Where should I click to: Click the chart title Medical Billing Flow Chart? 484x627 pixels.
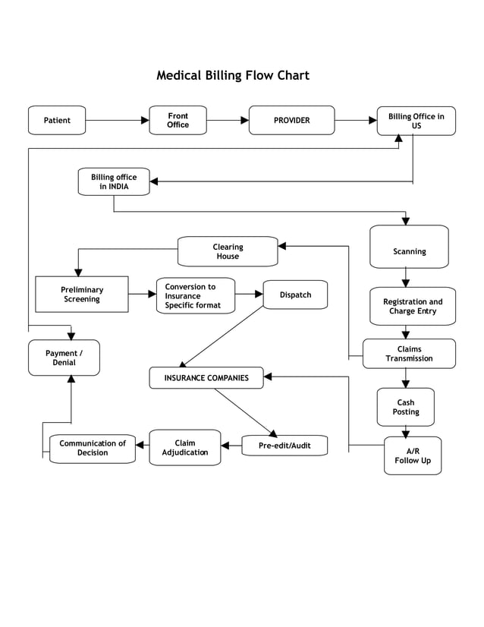(x=232, y=75)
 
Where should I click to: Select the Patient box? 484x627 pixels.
(x=57, y=120)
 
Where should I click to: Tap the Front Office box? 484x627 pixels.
(x=178, y=120)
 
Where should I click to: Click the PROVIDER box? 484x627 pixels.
(x=292, y=120)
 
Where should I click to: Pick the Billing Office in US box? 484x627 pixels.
(x=416, y=121)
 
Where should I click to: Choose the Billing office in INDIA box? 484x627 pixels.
(x=114, y=181)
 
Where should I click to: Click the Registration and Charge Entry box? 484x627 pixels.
(x=413, y=306)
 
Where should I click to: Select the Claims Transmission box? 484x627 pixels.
(x=409, y=354)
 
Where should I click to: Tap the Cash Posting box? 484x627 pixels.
(x=406, y=408)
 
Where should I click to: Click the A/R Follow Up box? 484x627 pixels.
(x=412, y=455)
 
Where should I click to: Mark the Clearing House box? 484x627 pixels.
(x=228, y=251)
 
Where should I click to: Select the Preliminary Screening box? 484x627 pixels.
(x=82, y=295)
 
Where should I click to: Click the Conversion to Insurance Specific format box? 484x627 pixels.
(x=196, y=296)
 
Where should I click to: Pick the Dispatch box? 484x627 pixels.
(x=295, y=295)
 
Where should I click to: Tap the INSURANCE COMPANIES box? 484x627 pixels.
(x=206, y=377)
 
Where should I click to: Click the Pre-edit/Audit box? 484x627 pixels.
(x=284, y=446)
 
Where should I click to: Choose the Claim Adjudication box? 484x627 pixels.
(x=185, y=448)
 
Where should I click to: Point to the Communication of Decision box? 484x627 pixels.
(x=93, y=449)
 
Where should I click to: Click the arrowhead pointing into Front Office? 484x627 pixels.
(x=145, y=120)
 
